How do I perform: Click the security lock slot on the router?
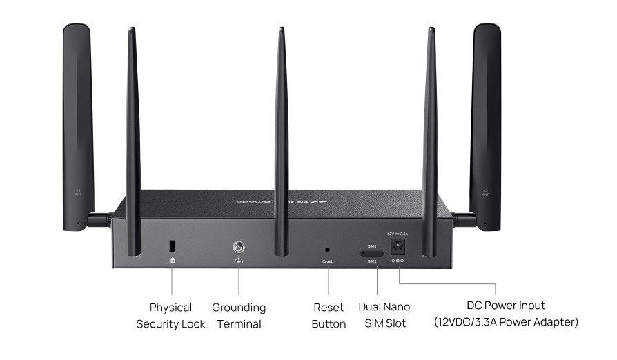[173, 246]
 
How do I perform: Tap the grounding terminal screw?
[239, 246]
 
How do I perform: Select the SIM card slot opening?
[372, 254]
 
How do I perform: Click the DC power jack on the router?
[398, 246]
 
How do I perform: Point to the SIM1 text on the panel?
[372, 246]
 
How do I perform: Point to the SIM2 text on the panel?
[372, 262]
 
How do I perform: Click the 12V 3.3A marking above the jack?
[398, 234]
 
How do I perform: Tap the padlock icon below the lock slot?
[173, 260]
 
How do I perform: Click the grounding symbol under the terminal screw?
[239, 260]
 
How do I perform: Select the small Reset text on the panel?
[327, 262]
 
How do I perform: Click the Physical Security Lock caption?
[170, 315]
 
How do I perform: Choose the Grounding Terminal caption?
[239, 315]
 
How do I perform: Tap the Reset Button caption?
[329, 315]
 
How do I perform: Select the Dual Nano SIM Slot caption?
[384, 314]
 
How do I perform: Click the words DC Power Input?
[506, 306]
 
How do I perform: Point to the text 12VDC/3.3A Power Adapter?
[506, 322]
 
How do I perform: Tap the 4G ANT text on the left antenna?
[79, 192]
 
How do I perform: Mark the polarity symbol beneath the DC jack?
[398, 260]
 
